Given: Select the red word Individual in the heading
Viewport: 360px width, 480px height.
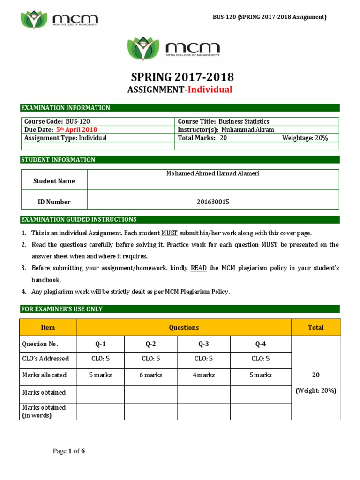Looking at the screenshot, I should click(x=210, y=90).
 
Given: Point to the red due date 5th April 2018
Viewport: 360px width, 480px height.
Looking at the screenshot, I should click(x=77, y=130).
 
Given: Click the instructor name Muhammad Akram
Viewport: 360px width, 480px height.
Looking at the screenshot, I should click(x=247, y=130).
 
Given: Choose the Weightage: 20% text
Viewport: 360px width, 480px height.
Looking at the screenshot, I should click(x=305, y=138).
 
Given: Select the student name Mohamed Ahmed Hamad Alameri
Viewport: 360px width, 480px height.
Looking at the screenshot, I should click(x=213, y=173).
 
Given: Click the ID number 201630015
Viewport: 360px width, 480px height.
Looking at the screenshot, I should click(x=213, y=202).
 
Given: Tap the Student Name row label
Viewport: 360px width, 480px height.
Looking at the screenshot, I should click(x=54, y=181).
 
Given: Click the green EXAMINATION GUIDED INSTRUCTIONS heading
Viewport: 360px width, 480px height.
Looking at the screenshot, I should click(x=79, y=219).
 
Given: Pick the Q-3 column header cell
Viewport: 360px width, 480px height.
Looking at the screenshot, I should click(x=203, y=344).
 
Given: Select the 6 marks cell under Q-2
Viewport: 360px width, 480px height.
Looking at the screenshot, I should click(x=150, y=375).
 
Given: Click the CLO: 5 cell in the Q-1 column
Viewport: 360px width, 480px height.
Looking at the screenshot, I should click(x=100, y=359).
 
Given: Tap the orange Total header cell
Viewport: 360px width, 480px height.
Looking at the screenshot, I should click(x=315, y=328).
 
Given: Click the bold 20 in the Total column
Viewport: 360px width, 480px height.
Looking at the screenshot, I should click(x=315, y=375).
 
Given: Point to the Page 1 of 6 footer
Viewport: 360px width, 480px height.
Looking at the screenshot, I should click(x=68, y=451).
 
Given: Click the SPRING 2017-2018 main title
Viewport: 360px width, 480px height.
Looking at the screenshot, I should click(x=180, y=77).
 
